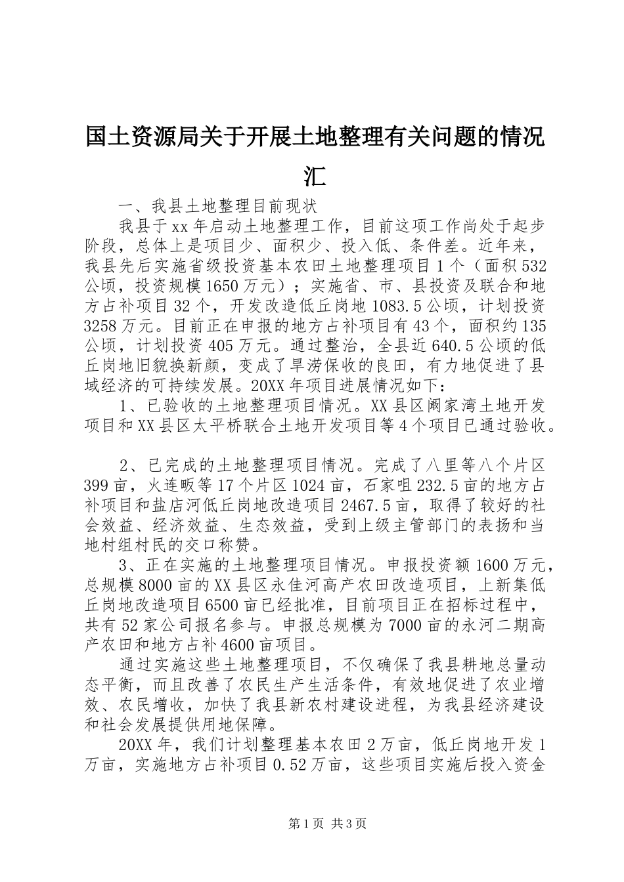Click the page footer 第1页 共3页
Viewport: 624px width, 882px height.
coord(312,843)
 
